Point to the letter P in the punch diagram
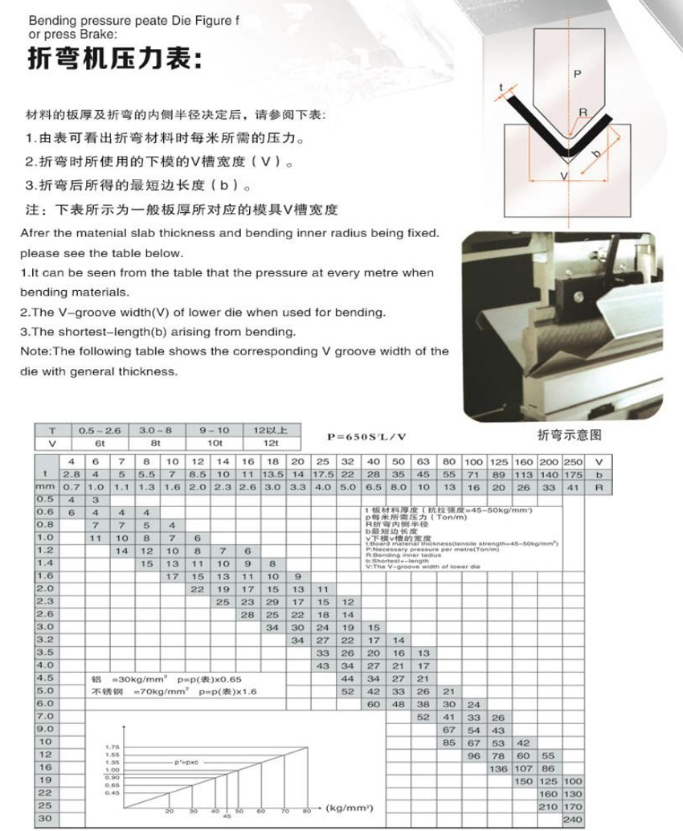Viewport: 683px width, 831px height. pos(576,74)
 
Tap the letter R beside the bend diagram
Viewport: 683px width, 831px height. pos(583,112)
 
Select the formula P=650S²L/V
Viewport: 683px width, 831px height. pos(366,436)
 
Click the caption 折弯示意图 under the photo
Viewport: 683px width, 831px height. pos(569,435)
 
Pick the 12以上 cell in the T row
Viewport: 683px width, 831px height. pos(265,431)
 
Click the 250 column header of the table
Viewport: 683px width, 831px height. pos(573,462)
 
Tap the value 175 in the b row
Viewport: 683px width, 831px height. pos(573,475)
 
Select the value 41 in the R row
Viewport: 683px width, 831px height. pos(573,488)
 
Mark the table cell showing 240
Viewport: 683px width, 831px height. pos(573,819)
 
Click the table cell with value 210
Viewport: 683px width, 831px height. pos(547,806)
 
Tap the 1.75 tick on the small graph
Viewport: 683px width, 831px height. pos(112,747)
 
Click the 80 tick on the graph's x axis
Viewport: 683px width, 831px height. pos(306,812)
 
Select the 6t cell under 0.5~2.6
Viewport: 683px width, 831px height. pos(99,443)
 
